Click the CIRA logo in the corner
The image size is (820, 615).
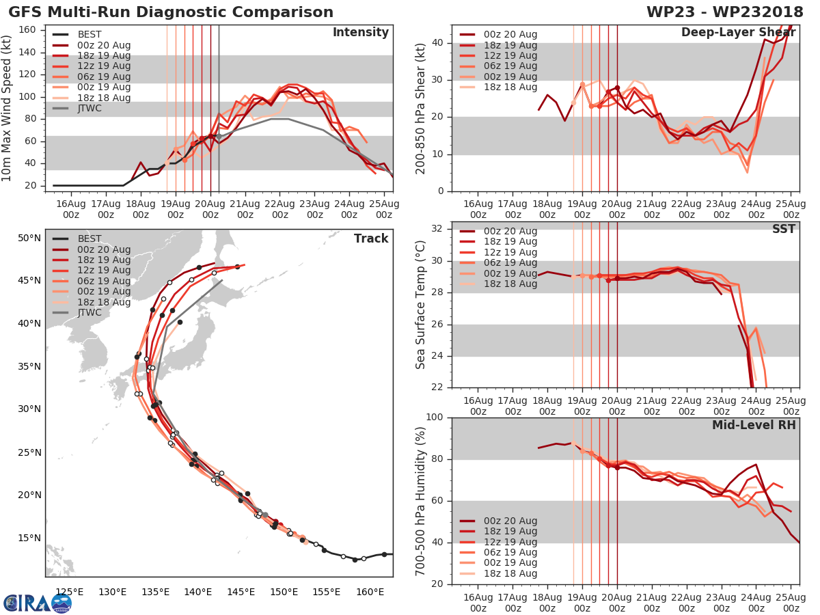(x=37, y=603)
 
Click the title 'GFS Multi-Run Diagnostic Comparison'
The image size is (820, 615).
(x=171, y=12)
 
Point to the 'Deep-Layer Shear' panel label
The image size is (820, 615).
(x=738, y=33)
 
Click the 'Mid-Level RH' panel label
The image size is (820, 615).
(x=754, y=425)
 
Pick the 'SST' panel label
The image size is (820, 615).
(x=783, y=229)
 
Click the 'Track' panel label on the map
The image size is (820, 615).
(x=370, y=238)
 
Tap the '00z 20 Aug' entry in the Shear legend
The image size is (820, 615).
(x=510, y=35)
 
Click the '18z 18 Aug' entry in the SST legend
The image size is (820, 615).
(x=510, y=284)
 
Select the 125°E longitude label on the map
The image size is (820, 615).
(x=70, y=592)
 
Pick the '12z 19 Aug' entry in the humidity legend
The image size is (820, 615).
(x=510, y=542)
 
